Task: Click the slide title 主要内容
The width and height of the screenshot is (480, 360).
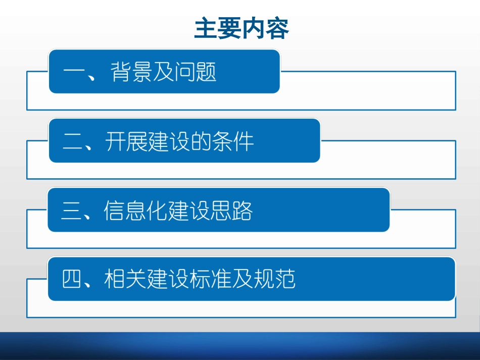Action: coord(242,29)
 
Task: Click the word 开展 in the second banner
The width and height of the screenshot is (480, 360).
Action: coord(127,142)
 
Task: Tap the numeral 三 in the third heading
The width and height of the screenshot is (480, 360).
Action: coord(72,211)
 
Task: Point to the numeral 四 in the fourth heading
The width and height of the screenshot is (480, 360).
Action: coord(72,279)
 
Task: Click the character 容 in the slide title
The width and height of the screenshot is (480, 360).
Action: coord(277,29)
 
